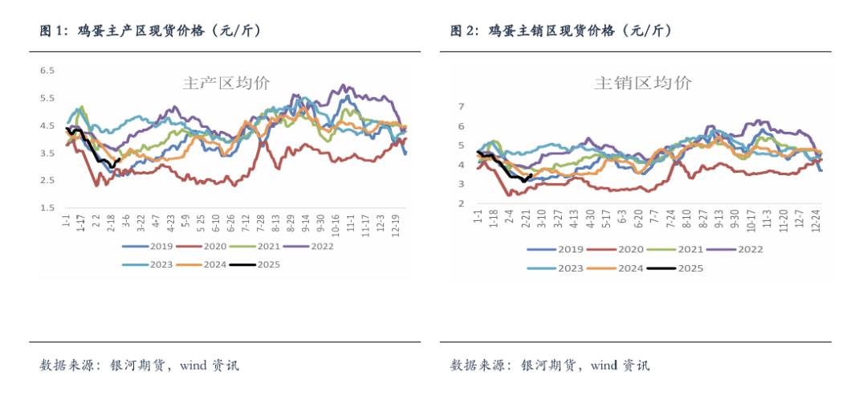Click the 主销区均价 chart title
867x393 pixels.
tap(642, 83)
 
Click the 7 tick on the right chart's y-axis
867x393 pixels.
tap(461, 106)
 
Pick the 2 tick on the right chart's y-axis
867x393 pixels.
tap(461, 203)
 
